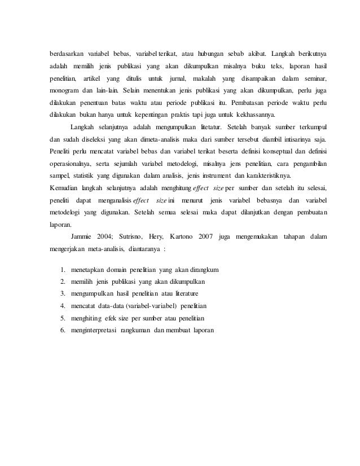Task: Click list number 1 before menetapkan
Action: coord(62,270)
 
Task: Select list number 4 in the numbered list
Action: coord(62,306)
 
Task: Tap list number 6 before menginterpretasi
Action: coord(62,330)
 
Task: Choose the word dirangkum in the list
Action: coord(201,270)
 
